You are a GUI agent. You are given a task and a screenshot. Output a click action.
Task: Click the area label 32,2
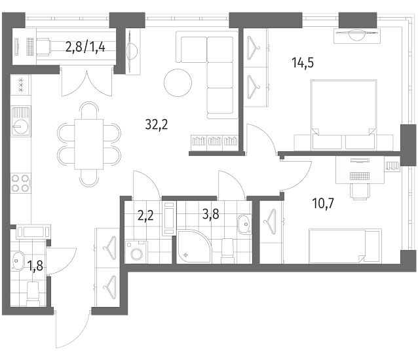pos(157,124)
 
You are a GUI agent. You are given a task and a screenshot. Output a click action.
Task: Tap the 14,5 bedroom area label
pos(303,63)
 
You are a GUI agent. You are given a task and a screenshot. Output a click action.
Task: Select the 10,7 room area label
pos(324,204)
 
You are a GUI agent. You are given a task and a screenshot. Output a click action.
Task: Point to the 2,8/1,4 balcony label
pos(85,48)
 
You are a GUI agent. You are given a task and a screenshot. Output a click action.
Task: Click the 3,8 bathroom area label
pos(210,214)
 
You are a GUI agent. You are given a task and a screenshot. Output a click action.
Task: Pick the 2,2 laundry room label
pos(145,215)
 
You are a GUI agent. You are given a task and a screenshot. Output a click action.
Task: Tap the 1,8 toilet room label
pos(35,266)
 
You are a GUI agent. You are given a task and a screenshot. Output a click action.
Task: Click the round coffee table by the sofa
pos(178,82)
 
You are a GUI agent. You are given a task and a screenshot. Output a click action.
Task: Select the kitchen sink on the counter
pos(21,121)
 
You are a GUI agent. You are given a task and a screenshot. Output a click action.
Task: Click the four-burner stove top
pos(21,183)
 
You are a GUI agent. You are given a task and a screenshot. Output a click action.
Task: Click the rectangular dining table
pos(88,144)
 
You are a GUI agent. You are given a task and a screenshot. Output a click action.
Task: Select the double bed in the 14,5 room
pos(344,115)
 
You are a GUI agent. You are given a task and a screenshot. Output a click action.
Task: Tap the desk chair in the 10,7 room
pos(360,191)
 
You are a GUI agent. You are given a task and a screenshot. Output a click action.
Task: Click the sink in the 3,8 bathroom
pos(244,225)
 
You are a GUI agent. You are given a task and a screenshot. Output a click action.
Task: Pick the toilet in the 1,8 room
pos(33,295)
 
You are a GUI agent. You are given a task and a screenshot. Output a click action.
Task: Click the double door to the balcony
pos(86,82)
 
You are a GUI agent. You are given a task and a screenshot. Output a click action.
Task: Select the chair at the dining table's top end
pos(88,111)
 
